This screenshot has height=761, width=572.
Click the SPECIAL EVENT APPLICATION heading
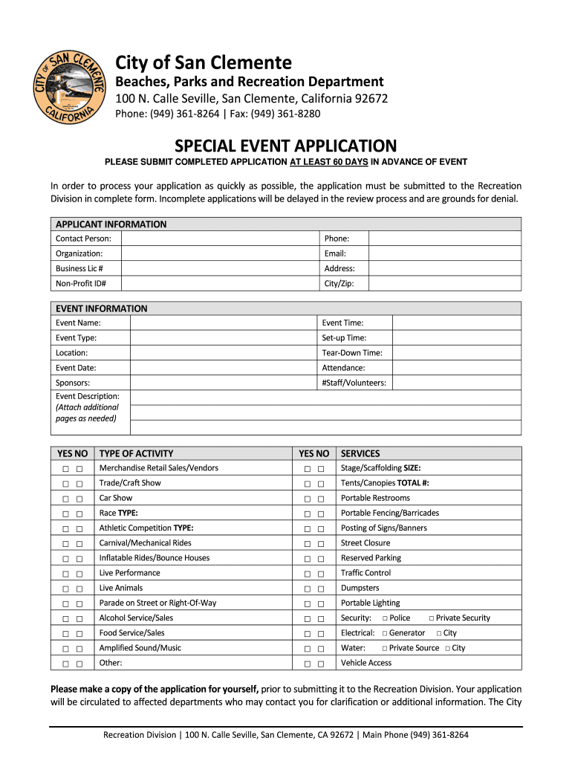pyautogui.click(x=286, y=146)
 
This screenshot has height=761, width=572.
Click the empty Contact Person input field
pyautogui.click(x=219, y=239)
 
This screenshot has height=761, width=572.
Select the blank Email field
pyautogui.click(x=446, y=253)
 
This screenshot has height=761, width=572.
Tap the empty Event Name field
pyautogui.click(x=223, y=323)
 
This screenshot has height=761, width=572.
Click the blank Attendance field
pyautogui.click(x=456, y=368)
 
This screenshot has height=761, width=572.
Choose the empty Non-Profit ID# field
pyautogui.click(x=219, y=283)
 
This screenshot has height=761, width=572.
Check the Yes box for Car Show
pyautogui.click(x=66, y=499)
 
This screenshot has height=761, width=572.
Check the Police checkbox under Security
pyautogui.click(x=386, y=618)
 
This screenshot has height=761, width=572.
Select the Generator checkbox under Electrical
pyautogui.click(x=385, y=634)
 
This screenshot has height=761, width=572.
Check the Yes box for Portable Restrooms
pyautogui.click(x=308, y=499)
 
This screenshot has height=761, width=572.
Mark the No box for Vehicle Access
pyautogui.click(x=321, y=664)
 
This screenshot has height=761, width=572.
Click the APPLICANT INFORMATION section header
pyautogui.click(x=111, y=224)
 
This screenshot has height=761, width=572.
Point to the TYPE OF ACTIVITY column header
pyautogui.click(x=136, y=453)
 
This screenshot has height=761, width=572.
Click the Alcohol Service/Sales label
pyautogui.click(x=136, y=618)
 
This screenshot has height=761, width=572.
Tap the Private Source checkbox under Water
pyautogui.click(x=385, y=649)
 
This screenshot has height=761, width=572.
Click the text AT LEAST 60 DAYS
pyautogui.click(x=329, y=162)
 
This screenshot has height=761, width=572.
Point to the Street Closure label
pyautogui.click(x=365, y=543)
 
